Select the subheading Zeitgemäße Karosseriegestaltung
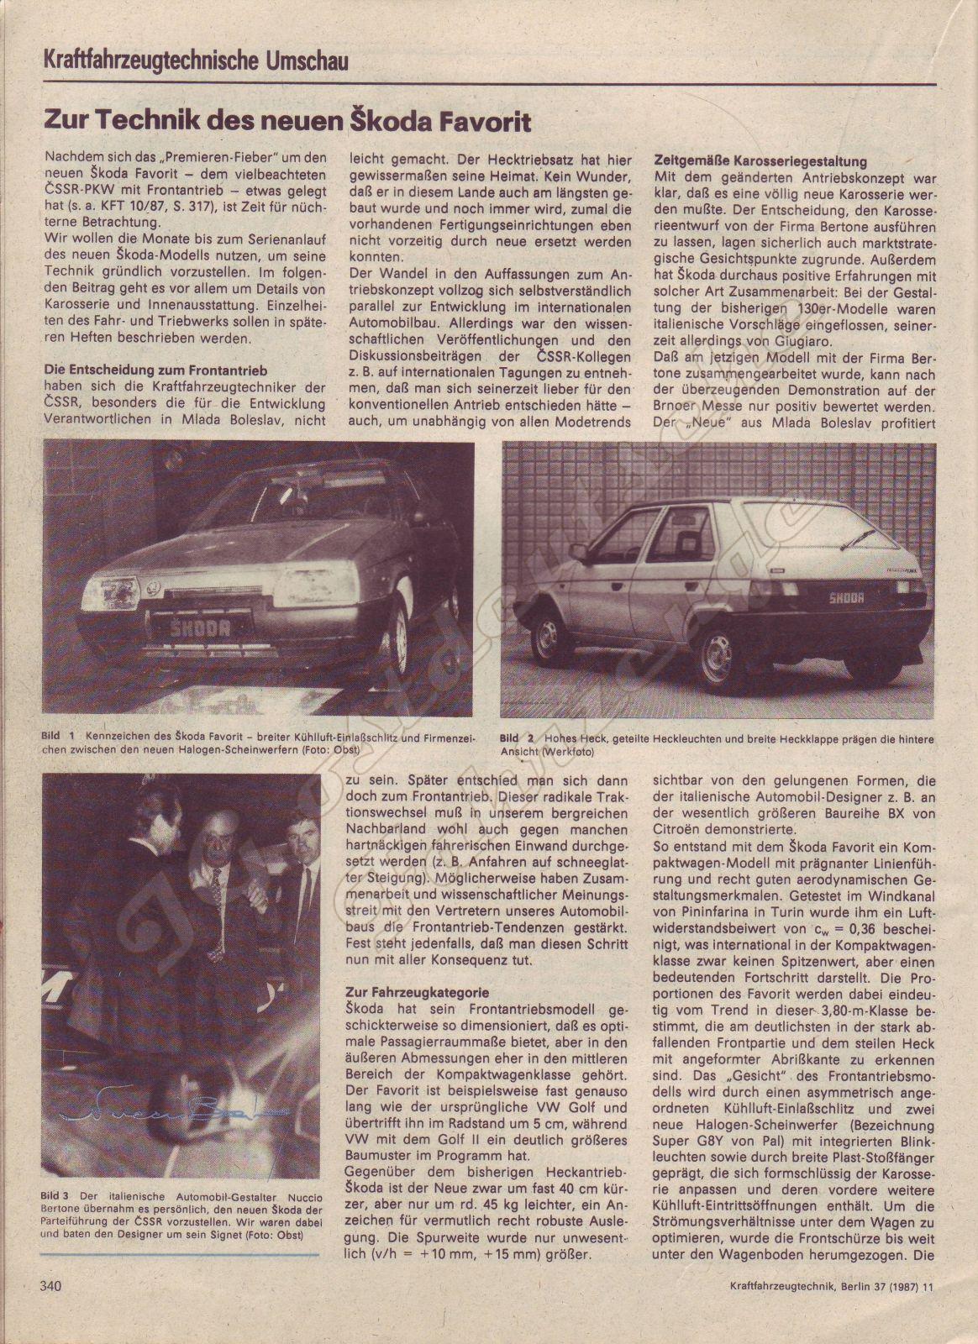[x=760, y=160]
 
